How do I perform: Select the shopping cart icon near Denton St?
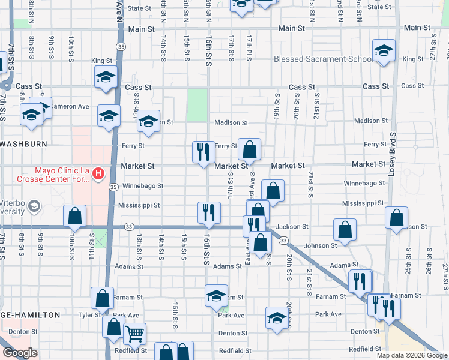point(134,334)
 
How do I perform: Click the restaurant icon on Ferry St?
point(203,151)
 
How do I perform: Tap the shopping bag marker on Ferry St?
point(250,149)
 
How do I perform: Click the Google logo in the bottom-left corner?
point(20,352)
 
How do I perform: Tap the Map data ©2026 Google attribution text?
point(412,355)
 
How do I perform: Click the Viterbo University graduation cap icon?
point(35,207)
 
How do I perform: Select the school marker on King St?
point(106,77)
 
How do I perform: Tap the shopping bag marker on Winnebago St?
point(273,191)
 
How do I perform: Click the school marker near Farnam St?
point(216,295)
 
